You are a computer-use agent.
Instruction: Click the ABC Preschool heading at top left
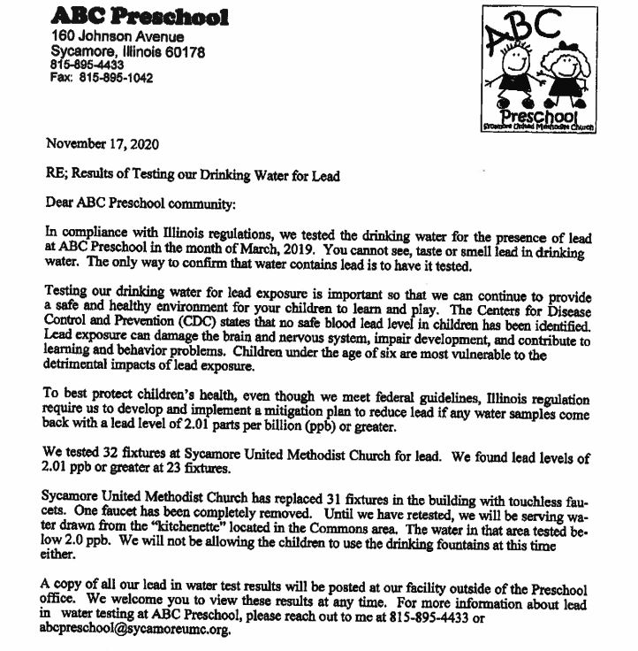coord(140,17)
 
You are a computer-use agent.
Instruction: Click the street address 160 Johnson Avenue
coord(118,37)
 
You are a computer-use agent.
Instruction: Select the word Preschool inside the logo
coord(539,116)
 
